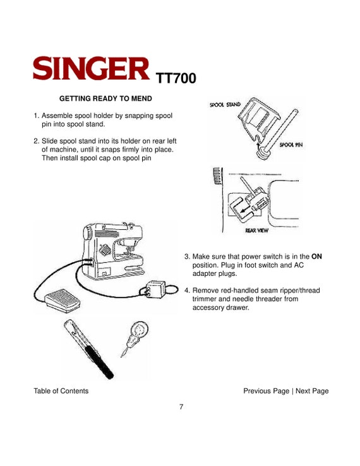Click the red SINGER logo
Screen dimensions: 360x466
[91, 68]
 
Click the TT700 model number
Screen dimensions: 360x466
[176, 78]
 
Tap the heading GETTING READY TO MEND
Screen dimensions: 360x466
[105, 99]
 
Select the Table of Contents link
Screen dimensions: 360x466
[61, 391]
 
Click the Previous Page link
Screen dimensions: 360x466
[266, 391]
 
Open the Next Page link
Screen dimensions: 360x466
[312, 391]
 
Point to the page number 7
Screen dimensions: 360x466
[181, 407]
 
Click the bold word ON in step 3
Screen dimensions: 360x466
[316, 256]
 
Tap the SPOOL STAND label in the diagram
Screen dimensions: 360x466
[225, 105]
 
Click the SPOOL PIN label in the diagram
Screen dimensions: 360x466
[291, 145]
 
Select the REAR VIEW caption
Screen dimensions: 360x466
[256, 230]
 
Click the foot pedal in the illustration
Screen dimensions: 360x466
[63, 300]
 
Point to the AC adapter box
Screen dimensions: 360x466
[156, 289]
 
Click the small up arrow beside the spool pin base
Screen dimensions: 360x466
[258, 146]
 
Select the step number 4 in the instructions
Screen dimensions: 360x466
[187, 290]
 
